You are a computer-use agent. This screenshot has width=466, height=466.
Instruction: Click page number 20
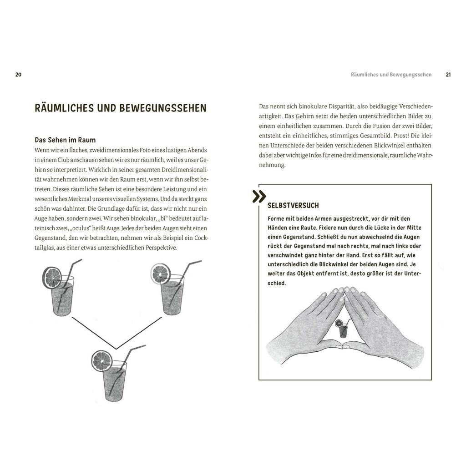click(x=18, y=75)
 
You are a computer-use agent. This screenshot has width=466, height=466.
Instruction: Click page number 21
click(x=448, y=75)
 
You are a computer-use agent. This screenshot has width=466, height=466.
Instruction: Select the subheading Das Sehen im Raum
click(x=65, y=140)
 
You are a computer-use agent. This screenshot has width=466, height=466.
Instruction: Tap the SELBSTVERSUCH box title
click(x=293, y=205)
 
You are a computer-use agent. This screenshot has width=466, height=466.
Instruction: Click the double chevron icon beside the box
click(x=259, y=197)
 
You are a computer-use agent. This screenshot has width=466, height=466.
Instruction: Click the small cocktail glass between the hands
click(x=342, y=329)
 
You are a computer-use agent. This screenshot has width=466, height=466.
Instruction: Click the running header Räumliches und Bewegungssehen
click(x=391, y=75)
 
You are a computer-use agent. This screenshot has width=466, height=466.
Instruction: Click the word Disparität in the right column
click(x=327, y=106)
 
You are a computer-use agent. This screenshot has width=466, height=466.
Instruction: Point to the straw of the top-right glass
click(x=187, y=273)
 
